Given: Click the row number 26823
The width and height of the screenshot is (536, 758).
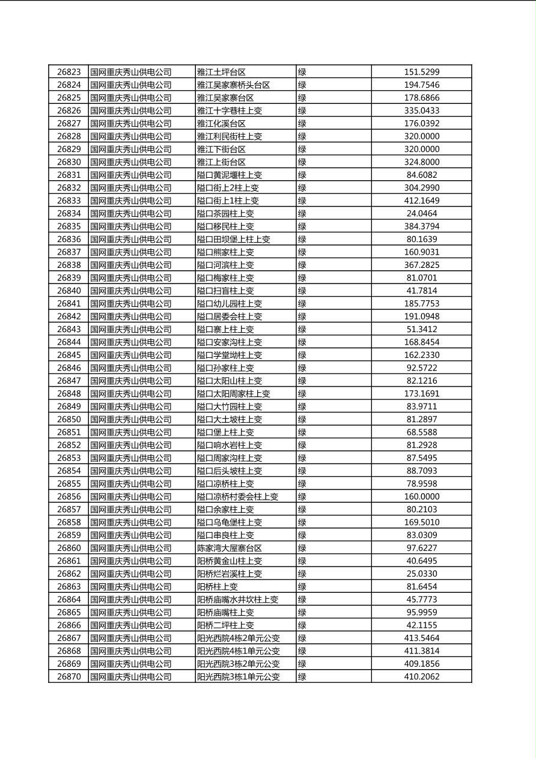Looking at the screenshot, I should tap(69, 72).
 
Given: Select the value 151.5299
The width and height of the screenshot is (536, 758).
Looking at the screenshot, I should tap(421, 72).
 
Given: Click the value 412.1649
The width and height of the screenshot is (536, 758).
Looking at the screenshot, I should tap(421, 201).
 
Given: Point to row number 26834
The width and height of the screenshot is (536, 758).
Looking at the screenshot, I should tap(69, 213).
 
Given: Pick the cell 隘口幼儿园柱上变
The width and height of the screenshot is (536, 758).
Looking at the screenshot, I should tap(230, 303).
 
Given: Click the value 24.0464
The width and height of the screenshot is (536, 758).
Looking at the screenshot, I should tap(421, 213).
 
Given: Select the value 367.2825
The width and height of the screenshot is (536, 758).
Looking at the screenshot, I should tap(421, 265).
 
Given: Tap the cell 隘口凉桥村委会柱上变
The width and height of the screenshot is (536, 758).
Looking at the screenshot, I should tap(238, 497).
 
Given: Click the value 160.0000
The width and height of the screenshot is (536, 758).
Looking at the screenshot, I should tap(421, 497).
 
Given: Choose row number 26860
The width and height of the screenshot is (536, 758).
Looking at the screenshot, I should tap(69, 548).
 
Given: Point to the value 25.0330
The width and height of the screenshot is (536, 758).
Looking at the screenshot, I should tap(421, 574).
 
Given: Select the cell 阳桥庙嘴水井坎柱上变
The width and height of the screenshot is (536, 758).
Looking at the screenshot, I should tap(238, 599).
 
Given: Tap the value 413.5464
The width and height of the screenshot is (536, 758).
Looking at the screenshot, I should tap(421, 638).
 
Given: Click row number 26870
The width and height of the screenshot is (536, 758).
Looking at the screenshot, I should tap(69, 676).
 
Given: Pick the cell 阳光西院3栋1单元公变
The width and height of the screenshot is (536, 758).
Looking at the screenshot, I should tap(239, 676).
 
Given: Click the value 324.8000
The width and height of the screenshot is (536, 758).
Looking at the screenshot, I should tap(421, 162).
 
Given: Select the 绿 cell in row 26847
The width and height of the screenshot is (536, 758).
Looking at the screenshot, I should tap(302, 381).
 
